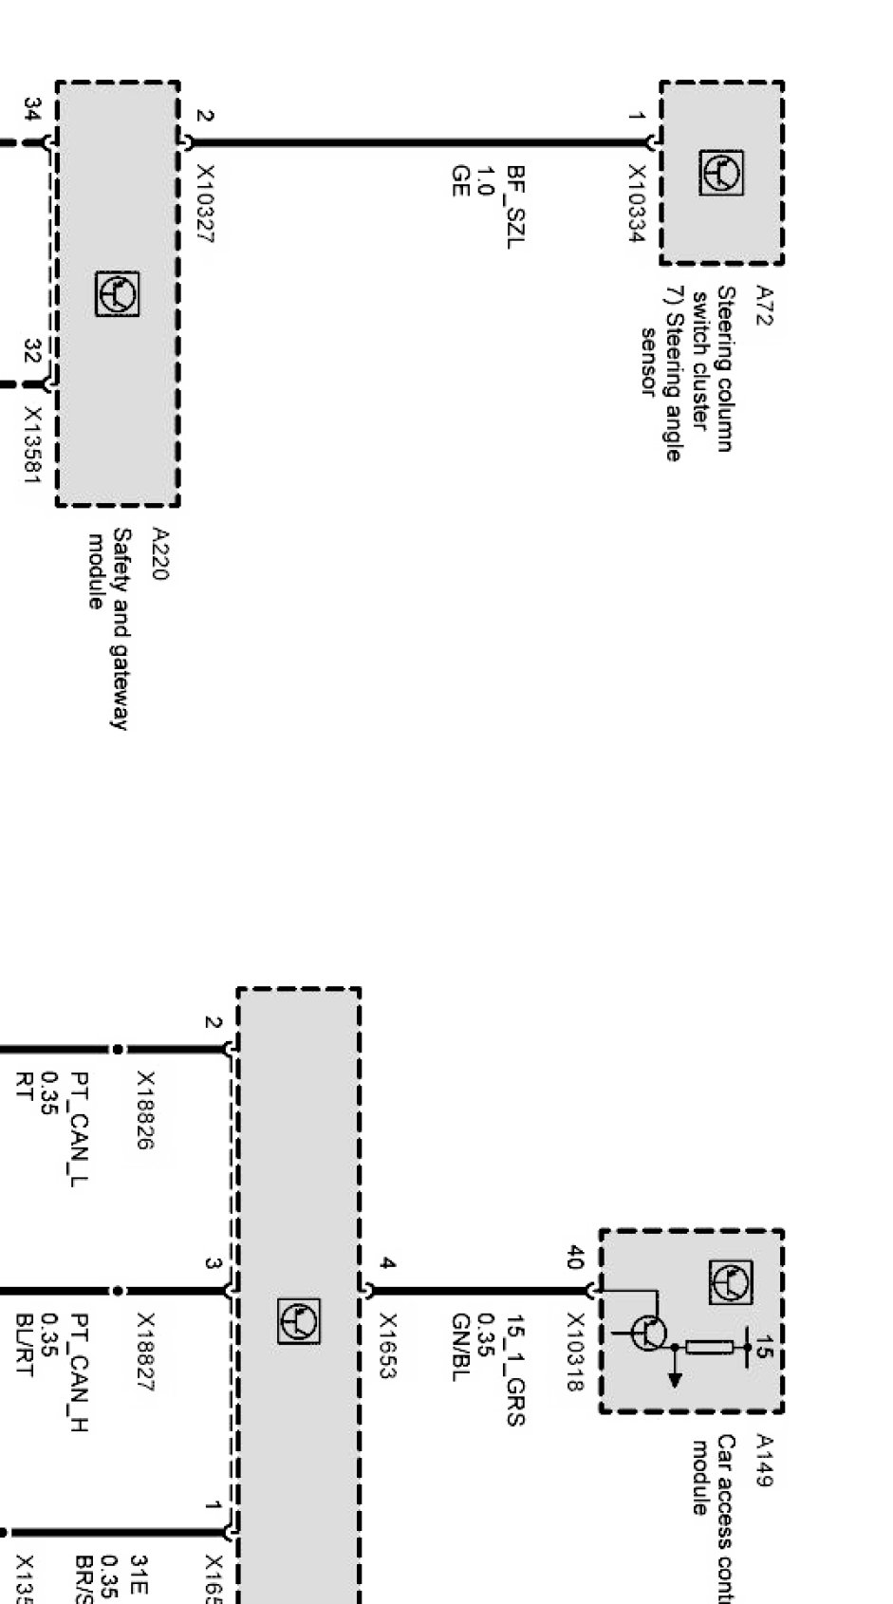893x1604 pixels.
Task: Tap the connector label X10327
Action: [205, 204]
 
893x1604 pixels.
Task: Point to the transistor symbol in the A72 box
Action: [721, 173]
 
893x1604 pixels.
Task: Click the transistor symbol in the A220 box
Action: [118, 294]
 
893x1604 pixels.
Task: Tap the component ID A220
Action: [160, 554]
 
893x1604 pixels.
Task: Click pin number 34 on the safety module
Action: [32, 110]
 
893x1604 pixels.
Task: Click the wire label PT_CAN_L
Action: [82, 1121]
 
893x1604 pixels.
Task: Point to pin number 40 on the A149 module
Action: [574, 1259]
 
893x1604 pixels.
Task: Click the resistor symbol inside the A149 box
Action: [709, 1347]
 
